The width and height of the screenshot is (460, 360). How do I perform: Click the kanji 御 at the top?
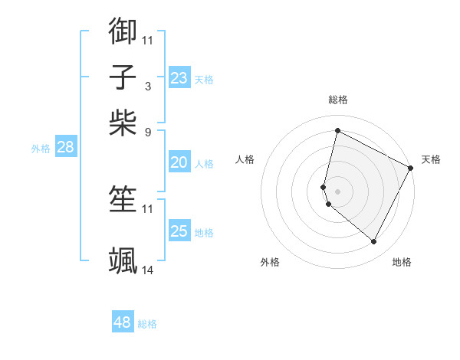click(123, 31)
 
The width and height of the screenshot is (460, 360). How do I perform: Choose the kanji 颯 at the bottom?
click(123, 260)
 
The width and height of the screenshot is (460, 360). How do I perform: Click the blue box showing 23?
click(179, 78)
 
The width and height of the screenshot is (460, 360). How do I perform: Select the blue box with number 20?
click(179, 162)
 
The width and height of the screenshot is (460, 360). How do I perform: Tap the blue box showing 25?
click(179, 231)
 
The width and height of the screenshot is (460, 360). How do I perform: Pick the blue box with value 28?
click(65, 147)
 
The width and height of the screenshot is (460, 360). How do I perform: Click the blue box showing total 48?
click(122, 322)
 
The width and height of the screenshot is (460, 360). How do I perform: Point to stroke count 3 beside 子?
click(147, 86)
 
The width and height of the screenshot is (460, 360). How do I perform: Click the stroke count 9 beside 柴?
click(147, 132)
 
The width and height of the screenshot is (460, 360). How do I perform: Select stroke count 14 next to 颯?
click(148, 270)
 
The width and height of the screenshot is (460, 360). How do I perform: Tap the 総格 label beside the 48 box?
click(147, 324)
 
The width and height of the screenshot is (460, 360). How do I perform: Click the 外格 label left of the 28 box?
click(41, 149)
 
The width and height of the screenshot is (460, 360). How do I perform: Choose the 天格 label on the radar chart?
click(431, 159)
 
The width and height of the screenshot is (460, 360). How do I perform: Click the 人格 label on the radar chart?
click(245, 159)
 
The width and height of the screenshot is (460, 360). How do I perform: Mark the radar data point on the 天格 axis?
click(411, 168)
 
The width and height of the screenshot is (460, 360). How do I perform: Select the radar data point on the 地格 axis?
click(373, 242)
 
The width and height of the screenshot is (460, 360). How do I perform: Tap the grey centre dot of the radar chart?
click(337, 191)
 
